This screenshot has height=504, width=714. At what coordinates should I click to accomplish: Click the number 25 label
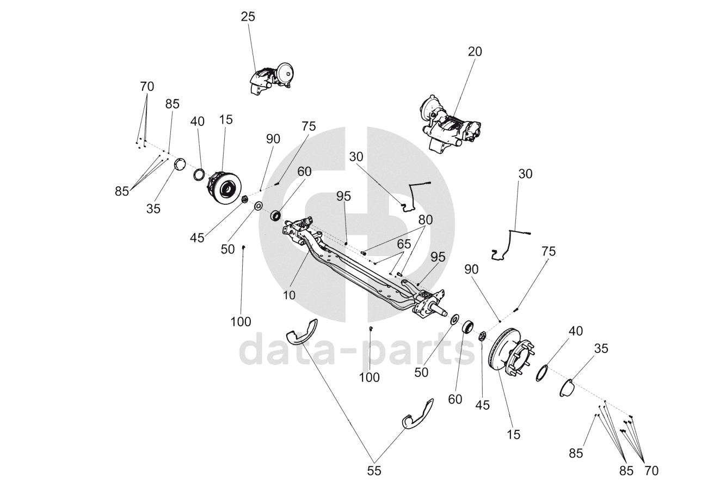pos(248,17)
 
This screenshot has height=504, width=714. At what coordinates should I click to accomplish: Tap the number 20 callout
pos(475,52)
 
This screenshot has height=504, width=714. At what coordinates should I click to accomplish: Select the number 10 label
pos(289,295)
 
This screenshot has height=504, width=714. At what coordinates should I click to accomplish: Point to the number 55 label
pos(374,471)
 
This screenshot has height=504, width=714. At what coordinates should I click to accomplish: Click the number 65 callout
pos(404,243)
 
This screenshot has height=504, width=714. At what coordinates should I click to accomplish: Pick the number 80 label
pos(426,220)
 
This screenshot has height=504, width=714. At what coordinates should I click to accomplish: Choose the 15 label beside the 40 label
pos(225,120)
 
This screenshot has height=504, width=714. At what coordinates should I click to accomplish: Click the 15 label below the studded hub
pos(513,434)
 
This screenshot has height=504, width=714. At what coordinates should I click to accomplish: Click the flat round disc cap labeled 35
pos(180,164)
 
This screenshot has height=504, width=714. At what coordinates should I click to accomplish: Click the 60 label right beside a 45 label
pos(455,399)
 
